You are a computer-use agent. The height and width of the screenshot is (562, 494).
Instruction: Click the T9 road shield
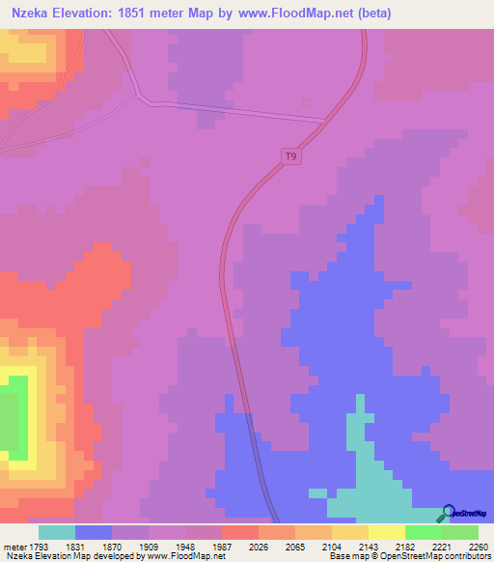pyautogui.click(x=291, y=155)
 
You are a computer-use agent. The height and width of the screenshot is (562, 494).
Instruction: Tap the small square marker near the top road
pyautogui.click(x=306, y=102)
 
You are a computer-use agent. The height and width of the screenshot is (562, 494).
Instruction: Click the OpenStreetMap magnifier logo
pyautogui.click(x=446, y=513)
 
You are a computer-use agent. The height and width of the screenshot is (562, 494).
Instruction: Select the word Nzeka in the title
pyautogui.click(x=30, y=12)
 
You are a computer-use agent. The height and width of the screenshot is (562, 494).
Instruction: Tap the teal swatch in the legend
pyautogui.click(x=57, y=532)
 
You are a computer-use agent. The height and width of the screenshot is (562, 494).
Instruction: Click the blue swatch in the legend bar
pyautogui.click(x=94, y=532)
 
